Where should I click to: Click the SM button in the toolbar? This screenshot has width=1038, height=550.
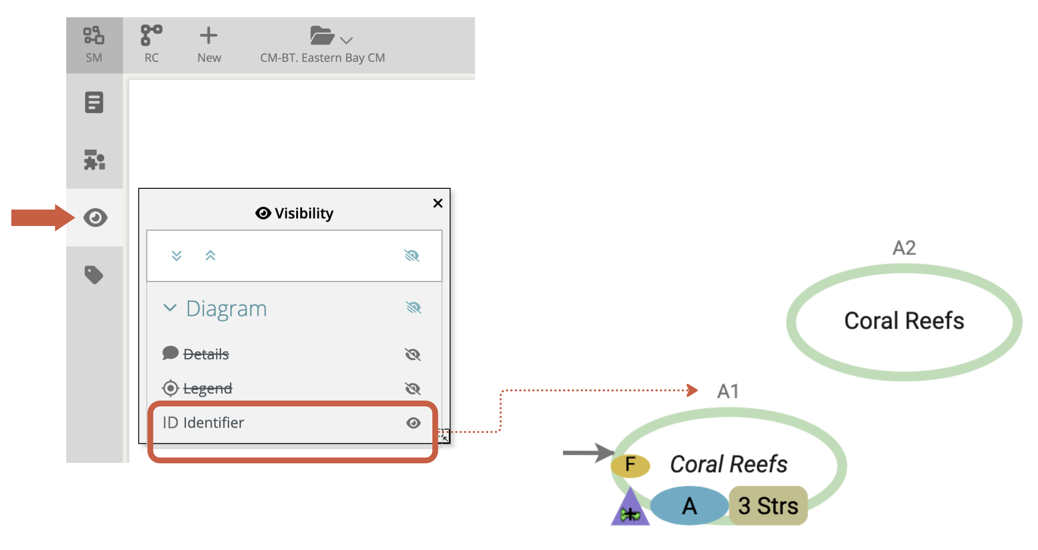pos(94,44)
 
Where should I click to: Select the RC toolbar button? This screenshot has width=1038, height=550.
pos(152,44)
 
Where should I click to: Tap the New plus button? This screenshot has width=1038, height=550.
pos(209,44)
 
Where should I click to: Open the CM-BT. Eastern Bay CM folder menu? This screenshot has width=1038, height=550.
pos(323,44)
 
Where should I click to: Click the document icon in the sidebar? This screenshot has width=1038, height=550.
pos(94,103)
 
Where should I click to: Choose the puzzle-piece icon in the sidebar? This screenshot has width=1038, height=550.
pos(94,160)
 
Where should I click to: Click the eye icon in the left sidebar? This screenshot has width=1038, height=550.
pos(95,218)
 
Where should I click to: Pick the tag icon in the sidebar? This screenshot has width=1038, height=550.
pos(94,275)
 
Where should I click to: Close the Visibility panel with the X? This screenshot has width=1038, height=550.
pos(438,203)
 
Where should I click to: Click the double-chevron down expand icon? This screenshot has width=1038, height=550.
pos(176,256)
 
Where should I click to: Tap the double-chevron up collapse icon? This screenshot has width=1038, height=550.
pos(210,256)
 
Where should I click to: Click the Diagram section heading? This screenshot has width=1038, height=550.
pos(226,309)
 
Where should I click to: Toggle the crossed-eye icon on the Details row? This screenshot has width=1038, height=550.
pos(413,354)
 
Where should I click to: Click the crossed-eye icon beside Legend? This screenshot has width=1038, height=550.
pos(413,388)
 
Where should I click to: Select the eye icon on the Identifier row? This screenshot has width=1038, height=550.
pos(413,423)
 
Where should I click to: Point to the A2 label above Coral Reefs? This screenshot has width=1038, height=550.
pos(904,248)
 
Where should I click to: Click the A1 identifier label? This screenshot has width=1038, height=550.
pos(728,391)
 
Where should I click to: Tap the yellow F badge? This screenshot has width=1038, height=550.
pos(630,465)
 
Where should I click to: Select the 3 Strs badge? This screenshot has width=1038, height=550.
pos(768,506)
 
